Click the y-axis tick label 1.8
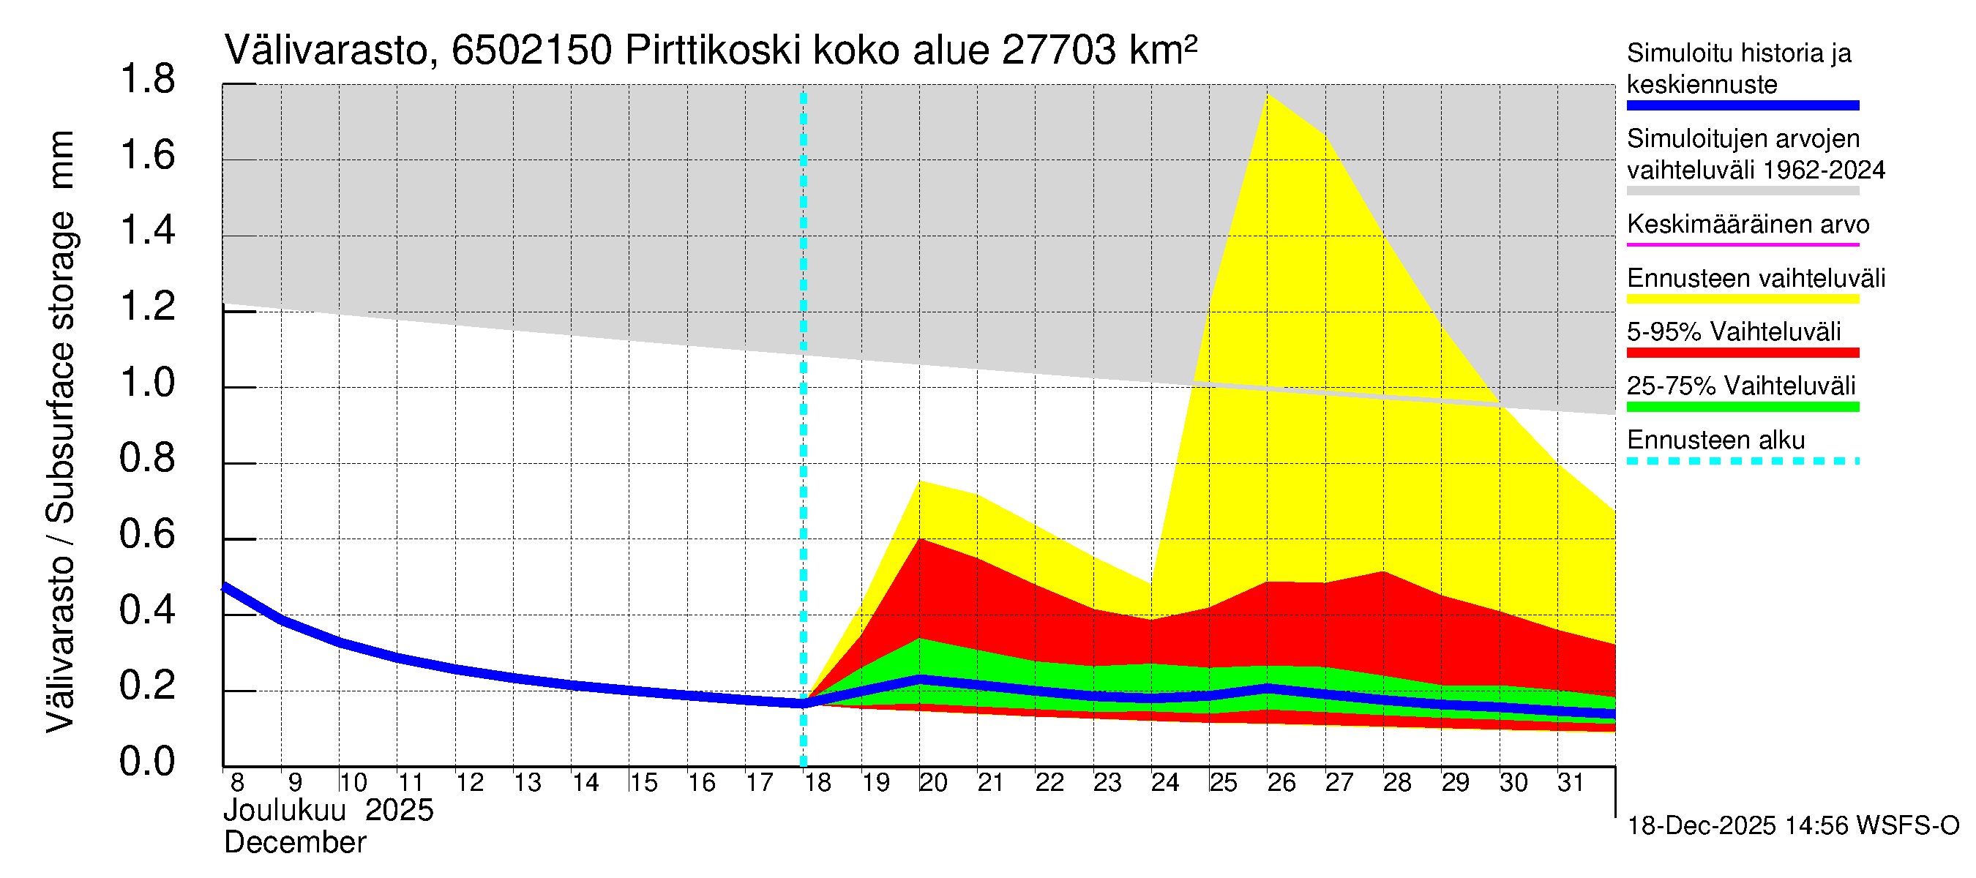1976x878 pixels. click(x=147, y=80)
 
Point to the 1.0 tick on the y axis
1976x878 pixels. click(x=147, y=383)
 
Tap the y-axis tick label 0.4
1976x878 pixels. click(x=147, y=610)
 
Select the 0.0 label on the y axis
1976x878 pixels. click(x=147, y=762)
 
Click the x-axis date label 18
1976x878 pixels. click(x=817, y=783)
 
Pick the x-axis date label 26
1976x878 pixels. click(x=1281, y=783)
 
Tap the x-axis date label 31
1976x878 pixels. click(x=1571, y=783)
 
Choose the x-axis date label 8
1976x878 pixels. click(x=237, y=783)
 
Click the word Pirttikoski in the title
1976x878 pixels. click(x=713, y=51)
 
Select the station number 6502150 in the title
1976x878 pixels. click(x=531, y=51)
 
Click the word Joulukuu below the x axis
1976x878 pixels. click(x=285, y=811)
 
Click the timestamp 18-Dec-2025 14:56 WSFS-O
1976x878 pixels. click(x=1792, y=826)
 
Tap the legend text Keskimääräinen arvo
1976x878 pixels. click(x=1748, y=225)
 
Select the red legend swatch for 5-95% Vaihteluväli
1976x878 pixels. click(x=1742, y=353)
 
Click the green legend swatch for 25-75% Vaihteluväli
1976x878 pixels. click(x=1742, y=408)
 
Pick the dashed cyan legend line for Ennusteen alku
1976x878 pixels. click(x=1742, y=462)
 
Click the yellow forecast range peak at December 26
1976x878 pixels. click(x=1268, y=95)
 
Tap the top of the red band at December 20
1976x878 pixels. click(x=920, y=540)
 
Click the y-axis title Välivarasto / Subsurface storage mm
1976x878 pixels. click(x=60, y=432)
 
